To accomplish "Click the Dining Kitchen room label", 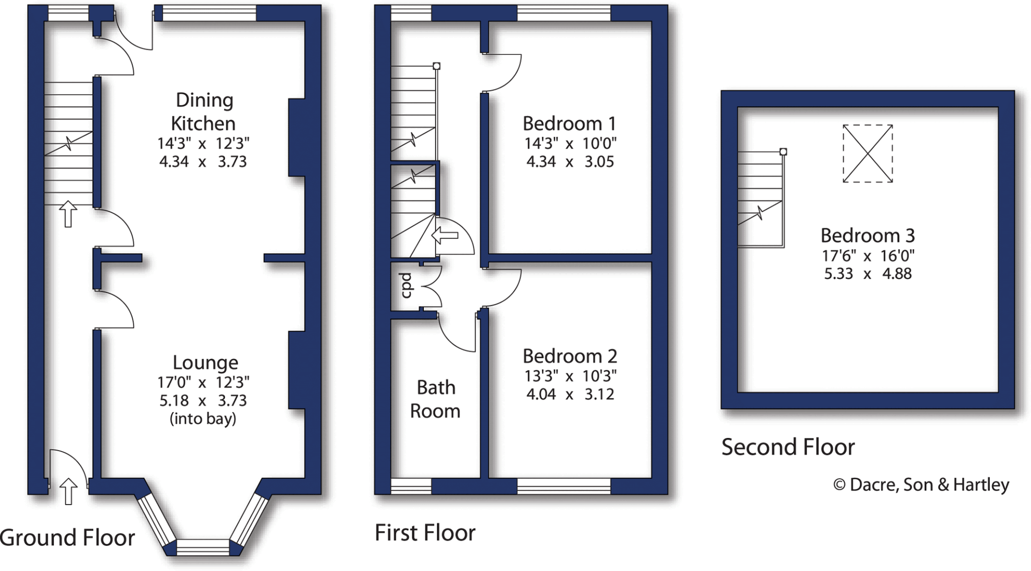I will click(x=204, y=111).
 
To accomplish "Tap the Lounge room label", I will click(x=205, y=362).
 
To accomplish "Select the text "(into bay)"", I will click(x=203, y=419).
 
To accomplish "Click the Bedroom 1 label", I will click(x=569, y=123).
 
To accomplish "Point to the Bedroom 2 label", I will click(x=569, y=356).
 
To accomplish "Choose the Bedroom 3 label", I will click(x=867, y=235).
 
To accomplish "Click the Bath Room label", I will click(x=435, y=399).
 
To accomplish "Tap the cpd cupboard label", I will click(x=406, y=285).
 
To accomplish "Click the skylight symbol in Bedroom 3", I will click(x=867, y=153).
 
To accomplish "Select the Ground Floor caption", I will click(x=67, y=538).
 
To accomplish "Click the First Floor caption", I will click(x=425, y=533).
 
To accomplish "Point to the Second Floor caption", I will click(x=788, y=447).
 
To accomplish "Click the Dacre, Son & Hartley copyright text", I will click(x=921, y=485).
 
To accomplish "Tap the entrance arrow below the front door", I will click(x=68, y=491).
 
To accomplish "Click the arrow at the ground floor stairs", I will click(x=68, y=214).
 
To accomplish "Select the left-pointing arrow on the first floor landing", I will click(x=445, y=235).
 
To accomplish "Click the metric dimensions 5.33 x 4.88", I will click(x=867, y=274).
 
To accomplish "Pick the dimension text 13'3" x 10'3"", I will click(x=570, y=376).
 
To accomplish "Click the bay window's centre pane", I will click(x=202, y=547).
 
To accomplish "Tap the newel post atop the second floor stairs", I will click(x=783, y=152).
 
